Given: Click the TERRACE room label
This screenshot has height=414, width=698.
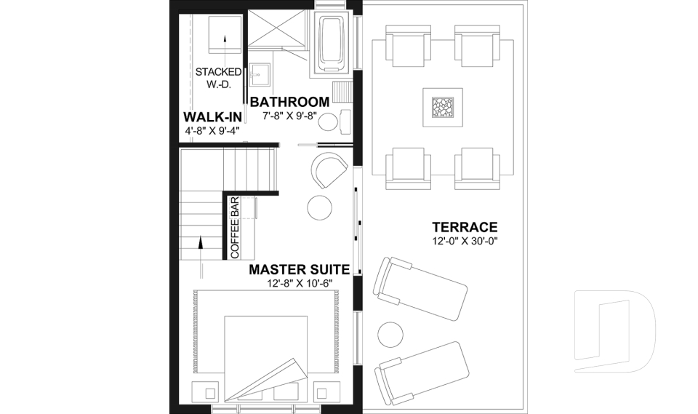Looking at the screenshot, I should (464, 227).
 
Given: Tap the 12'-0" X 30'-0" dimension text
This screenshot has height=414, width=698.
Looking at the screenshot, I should (464, 241).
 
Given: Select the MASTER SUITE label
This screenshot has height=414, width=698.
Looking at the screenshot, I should (299, 270).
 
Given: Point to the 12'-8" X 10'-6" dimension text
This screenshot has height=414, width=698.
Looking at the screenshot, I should (299, 284).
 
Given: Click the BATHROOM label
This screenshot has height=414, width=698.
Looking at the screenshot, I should (289, 103).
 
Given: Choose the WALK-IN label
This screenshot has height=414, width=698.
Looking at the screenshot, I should (212, 117).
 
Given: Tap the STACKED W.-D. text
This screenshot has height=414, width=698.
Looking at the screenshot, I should (220, 79).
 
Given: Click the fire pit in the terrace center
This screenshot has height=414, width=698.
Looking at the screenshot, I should (441, 108).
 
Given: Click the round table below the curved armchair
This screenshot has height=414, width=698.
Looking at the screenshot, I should (320, 207).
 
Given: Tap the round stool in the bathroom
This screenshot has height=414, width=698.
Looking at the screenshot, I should (329, 122).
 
